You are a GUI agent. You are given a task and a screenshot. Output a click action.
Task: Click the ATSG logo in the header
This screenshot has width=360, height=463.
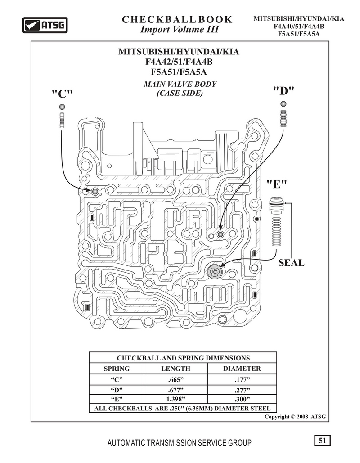click(45, 25)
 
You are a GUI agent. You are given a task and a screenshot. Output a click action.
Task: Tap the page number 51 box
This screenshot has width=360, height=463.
click(322, 441)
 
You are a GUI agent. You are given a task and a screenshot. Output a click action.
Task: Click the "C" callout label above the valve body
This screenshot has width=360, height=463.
click(62, 94)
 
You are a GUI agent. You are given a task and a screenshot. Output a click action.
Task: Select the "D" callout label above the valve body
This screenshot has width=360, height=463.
click(283, 91)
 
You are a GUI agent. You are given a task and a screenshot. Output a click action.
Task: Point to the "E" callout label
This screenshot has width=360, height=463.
click(277, 184)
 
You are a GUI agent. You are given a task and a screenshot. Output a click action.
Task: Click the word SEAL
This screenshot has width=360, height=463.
click(291, 263)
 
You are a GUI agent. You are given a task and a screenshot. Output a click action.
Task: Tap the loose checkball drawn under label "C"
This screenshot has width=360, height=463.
click(62, 107)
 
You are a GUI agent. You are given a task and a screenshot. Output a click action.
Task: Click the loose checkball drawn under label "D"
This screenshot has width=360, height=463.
click(283, 103)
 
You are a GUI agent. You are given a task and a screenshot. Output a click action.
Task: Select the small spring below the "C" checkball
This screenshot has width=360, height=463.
click(62, 121)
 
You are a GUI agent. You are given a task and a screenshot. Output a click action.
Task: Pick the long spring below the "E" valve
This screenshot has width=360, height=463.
click(276, 231)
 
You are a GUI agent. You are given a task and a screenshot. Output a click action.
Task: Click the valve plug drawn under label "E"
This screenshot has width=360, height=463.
click(276, 206)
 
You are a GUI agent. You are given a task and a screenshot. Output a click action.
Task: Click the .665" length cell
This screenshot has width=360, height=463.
click(175, 379)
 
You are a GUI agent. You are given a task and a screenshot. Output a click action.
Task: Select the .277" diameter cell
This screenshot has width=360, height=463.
click(242, 390)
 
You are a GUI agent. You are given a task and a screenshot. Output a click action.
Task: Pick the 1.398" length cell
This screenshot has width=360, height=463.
click(175, 400)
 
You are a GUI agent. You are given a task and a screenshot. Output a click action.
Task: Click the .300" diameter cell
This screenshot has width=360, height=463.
click(242, 400)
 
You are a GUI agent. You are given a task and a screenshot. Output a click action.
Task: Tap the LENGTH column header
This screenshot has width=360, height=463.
click(175, 369)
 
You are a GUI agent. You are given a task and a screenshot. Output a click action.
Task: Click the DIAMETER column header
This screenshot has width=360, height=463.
click(242, 369)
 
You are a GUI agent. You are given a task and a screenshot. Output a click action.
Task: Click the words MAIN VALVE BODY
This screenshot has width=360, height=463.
click(180, 84)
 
